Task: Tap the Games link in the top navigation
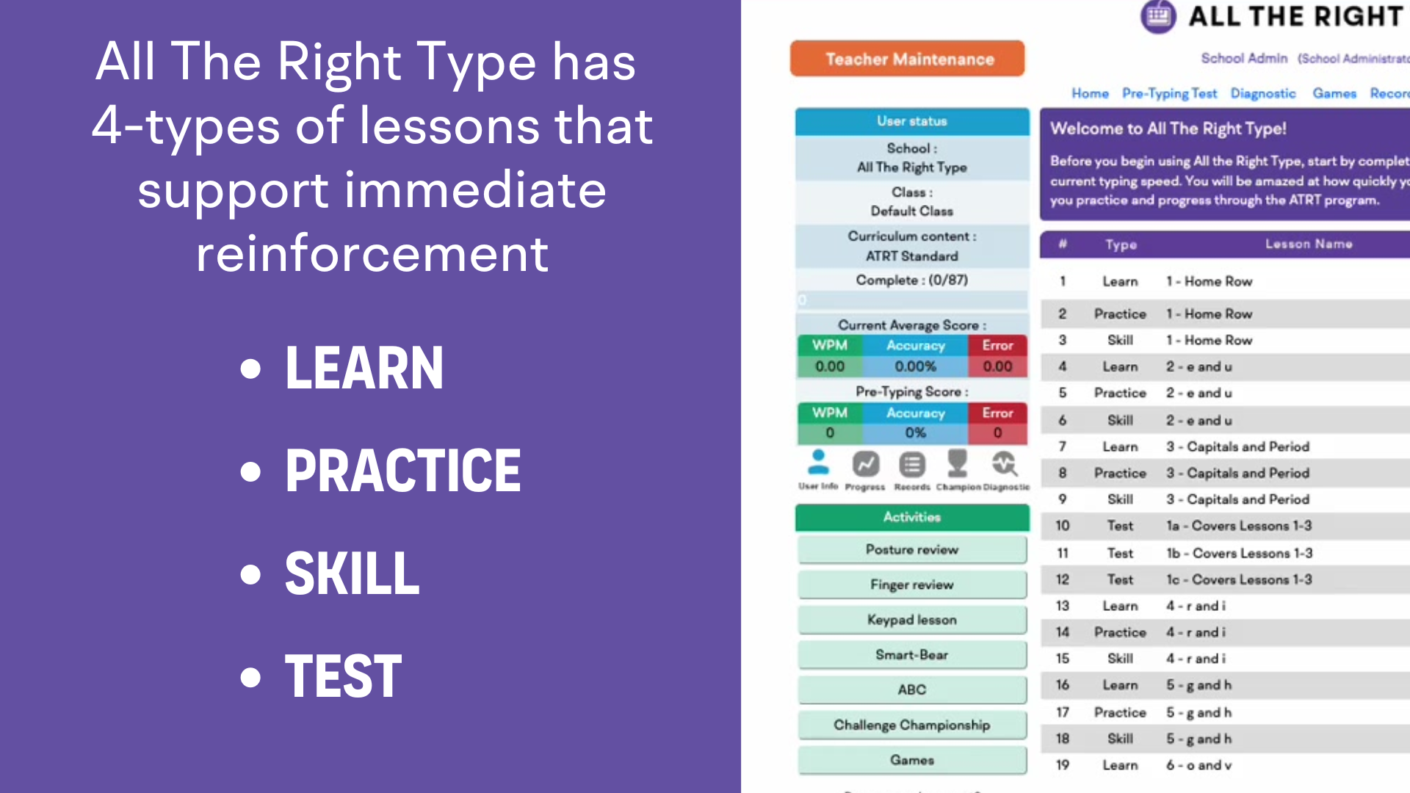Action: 1334,93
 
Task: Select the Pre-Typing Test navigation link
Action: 1169,93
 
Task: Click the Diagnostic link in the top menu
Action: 1263,93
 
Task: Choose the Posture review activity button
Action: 912,549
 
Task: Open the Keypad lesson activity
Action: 912,620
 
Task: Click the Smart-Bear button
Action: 912,654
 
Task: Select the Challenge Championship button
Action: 912,725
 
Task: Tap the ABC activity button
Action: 912,689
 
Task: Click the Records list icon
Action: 912,466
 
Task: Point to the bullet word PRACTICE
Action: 402,471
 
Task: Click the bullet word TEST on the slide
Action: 343,676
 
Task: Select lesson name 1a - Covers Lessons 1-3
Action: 1239,526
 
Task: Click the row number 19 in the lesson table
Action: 1063,765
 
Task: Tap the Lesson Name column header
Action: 1308,244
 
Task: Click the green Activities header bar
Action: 912,517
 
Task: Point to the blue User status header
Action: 912,121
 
